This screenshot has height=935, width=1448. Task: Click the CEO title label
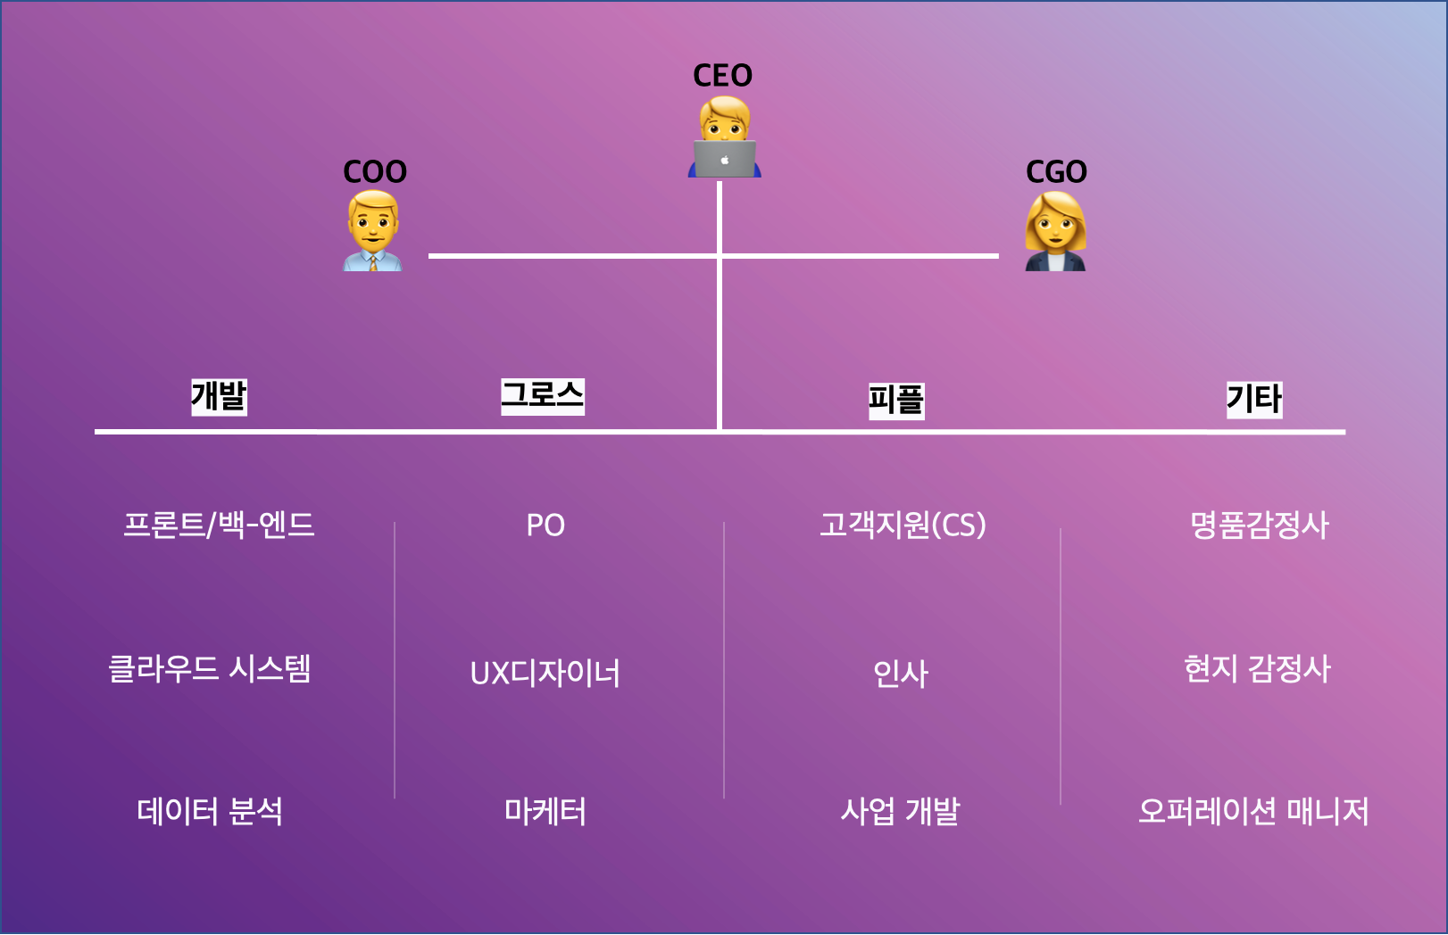tap(722, 76)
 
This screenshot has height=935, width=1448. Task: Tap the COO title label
tap(375, 171)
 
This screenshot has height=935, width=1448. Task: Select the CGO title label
tap(1056, 171)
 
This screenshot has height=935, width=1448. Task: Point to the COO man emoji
tap(373, 230)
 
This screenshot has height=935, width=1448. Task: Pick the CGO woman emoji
tap(1055, 232)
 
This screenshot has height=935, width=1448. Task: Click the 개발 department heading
tap(219, 396)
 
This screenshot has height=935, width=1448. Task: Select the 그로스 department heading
tap(543, 395)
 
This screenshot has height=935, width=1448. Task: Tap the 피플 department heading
tap(896, 400)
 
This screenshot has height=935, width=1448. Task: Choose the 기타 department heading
tap(1253, 398)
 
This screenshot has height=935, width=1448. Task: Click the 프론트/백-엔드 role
tap(219, 525)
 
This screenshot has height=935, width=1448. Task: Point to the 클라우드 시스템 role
tap(209, 668)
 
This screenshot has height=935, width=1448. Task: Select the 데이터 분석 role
tap(210, 812)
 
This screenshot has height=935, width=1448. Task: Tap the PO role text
tap(545, 525)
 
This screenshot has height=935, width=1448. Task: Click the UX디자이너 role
tap(545, 673)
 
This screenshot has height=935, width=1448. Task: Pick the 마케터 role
tap(545, 812)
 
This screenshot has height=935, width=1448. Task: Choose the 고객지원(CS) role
tap(903, 525)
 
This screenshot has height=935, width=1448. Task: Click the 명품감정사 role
tap(1259, 525)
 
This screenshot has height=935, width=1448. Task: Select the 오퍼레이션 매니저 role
tap(1253, 812)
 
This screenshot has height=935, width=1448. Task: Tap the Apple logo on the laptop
tap(725, 161)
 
